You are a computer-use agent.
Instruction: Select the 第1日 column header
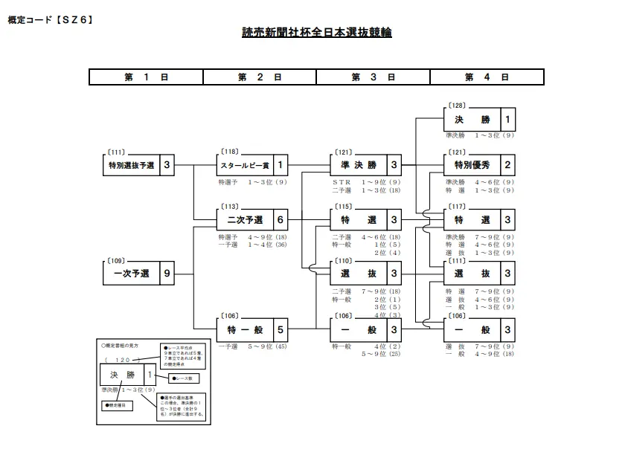coord(146,77)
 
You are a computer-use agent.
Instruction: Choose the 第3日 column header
coord(373,77)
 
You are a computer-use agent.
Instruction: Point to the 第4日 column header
coord(487,77)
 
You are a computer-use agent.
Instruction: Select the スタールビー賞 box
coord(243,165)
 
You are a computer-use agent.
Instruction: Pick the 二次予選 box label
coord(243,220)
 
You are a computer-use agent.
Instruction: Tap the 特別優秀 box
coord(471,165)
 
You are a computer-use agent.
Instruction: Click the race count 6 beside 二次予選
coord(280,220)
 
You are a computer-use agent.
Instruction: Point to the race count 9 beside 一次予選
coord(167,274)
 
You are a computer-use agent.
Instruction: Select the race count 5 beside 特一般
coord(280,328)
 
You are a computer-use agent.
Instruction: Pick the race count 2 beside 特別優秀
coord(507,165)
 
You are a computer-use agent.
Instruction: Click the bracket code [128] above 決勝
coord(457,106)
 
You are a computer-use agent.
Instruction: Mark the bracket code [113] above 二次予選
coord(229,207)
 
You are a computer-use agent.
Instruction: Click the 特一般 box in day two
coord(243,328)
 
